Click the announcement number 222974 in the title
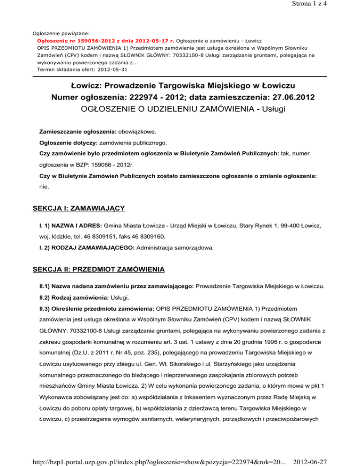(x=133, y=97)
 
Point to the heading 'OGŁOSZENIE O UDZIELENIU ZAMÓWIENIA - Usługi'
(x=180, y=109)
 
